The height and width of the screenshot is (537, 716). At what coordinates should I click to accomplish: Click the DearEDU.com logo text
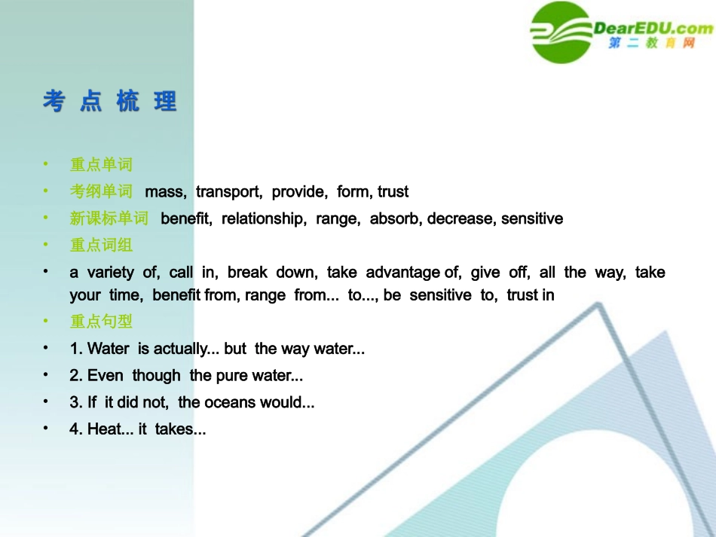(x=653, y=29)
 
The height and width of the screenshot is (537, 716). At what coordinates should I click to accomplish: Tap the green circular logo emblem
(x=561, y=32)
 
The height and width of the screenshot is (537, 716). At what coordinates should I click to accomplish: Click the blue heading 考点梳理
(x=110, y=102)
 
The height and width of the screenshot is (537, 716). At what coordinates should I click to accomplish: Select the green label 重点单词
(x=101, y=164)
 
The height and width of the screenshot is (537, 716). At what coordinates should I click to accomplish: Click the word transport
(x=228, y=191)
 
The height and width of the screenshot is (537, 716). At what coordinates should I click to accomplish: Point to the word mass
(x=165, y=191)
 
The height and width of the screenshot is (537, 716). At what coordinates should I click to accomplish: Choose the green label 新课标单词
(x=109, y=218)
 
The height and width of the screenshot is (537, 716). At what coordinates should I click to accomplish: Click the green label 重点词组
(x=101, y=245)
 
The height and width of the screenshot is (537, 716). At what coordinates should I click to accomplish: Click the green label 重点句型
(x=101, y=322)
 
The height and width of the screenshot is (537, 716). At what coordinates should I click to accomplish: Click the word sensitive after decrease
(x=532, y=218)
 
